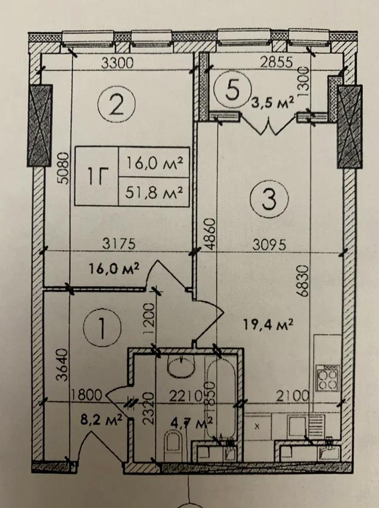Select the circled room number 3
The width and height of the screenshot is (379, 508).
click(270, 199)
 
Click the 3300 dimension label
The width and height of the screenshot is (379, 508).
click(118, 63)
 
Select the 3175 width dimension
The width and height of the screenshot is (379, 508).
click(119, 244)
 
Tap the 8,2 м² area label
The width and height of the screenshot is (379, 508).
click(101, 406)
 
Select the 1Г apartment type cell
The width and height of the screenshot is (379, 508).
click(97, 177)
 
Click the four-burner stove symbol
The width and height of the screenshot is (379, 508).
click(328, 378)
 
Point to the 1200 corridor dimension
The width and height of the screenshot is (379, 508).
click(148, 319)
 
